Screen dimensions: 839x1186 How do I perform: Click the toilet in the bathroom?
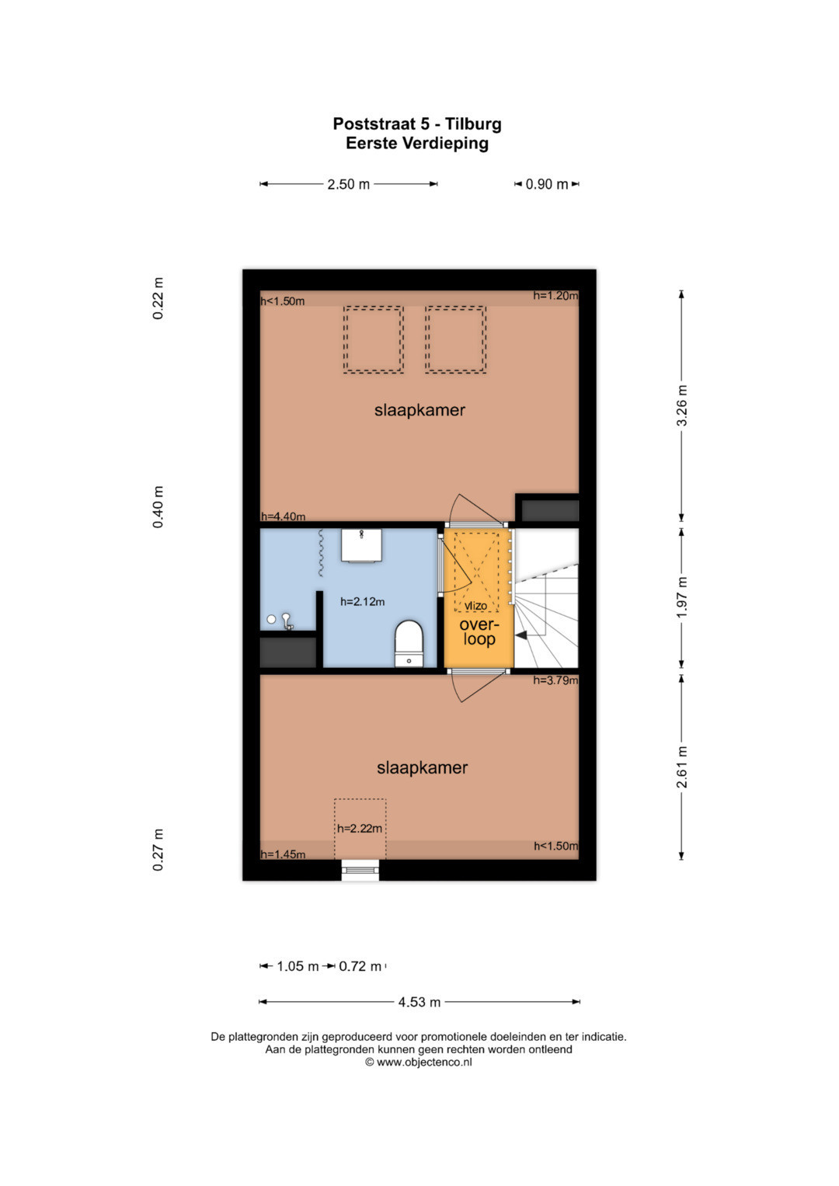tap(409, 643)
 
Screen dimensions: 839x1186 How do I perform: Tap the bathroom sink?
tap(361, 544)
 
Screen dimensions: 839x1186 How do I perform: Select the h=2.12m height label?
tap(362, 601)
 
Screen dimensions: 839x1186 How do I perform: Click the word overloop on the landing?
tap(479, 631)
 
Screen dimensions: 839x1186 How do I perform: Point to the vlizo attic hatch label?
tap(476, 606)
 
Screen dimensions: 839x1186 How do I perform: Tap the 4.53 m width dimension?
tap(419, 1002)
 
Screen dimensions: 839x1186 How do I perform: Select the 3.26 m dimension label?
tap(682, 405)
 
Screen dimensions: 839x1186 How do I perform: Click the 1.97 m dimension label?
tap(682, 596)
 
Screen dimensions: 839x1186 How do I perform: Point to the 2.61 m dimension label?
tap(682, 767)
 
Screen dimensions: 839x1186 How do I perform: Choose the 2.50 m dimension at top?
tap(348, 184)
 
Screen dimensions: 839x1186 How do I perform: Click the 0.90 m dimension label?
tap(547, 184)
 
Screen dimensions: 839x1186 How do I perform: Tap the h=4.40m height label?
tap(283, 516)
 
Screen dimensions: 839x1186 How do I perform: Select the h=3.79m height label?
tap(555, 680)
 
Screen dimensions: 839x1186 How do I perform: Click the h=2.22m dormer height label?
tap(360, 829)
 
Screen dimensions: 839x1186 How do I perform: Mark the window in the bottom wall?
tap(360, 869)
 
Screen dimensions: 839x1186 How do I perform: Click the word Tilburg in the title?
tap(473, 124)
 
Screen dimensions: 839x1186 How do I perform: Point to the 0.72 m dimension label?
tap(360, 966)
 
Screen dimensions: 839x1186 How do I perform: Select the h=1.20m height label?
tap(555, 296)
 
